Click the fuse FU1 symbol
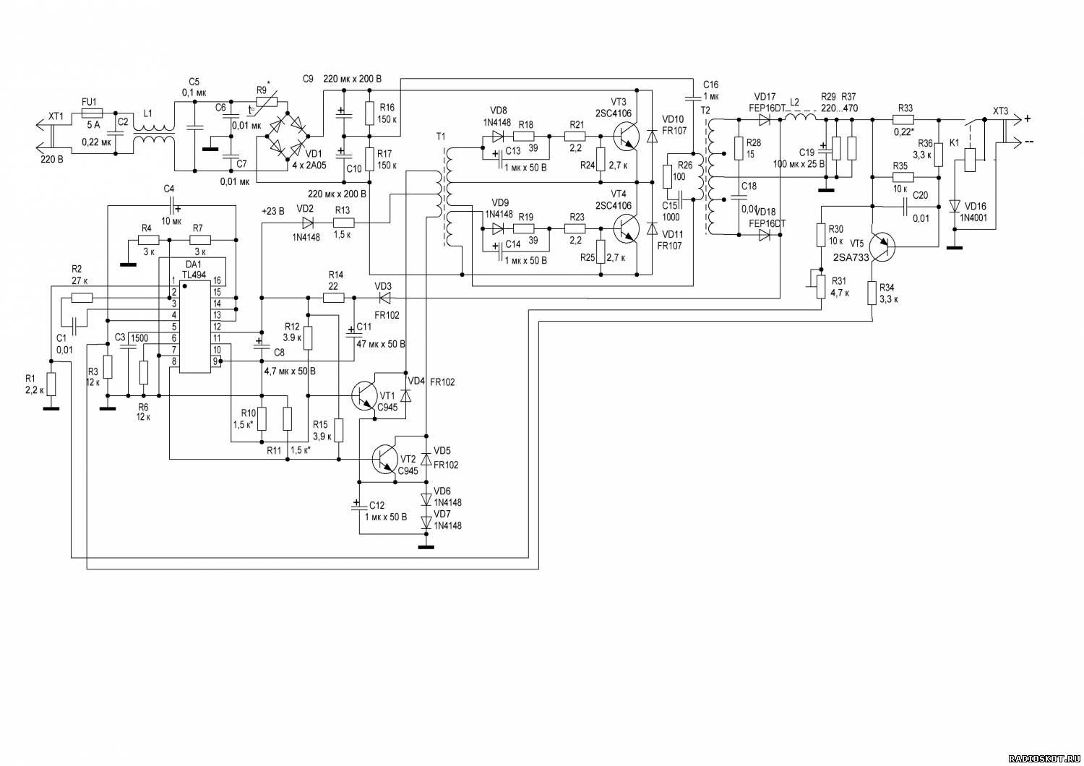point(92,113)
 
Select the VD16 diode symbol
point(955,206)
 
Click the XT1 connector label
point(56,116)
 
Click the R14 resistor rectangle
point(333,298)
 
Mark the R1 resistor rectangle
point(51,384)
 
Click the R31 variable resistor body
point(821,285)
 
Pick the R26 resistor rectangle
point(667,176)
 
